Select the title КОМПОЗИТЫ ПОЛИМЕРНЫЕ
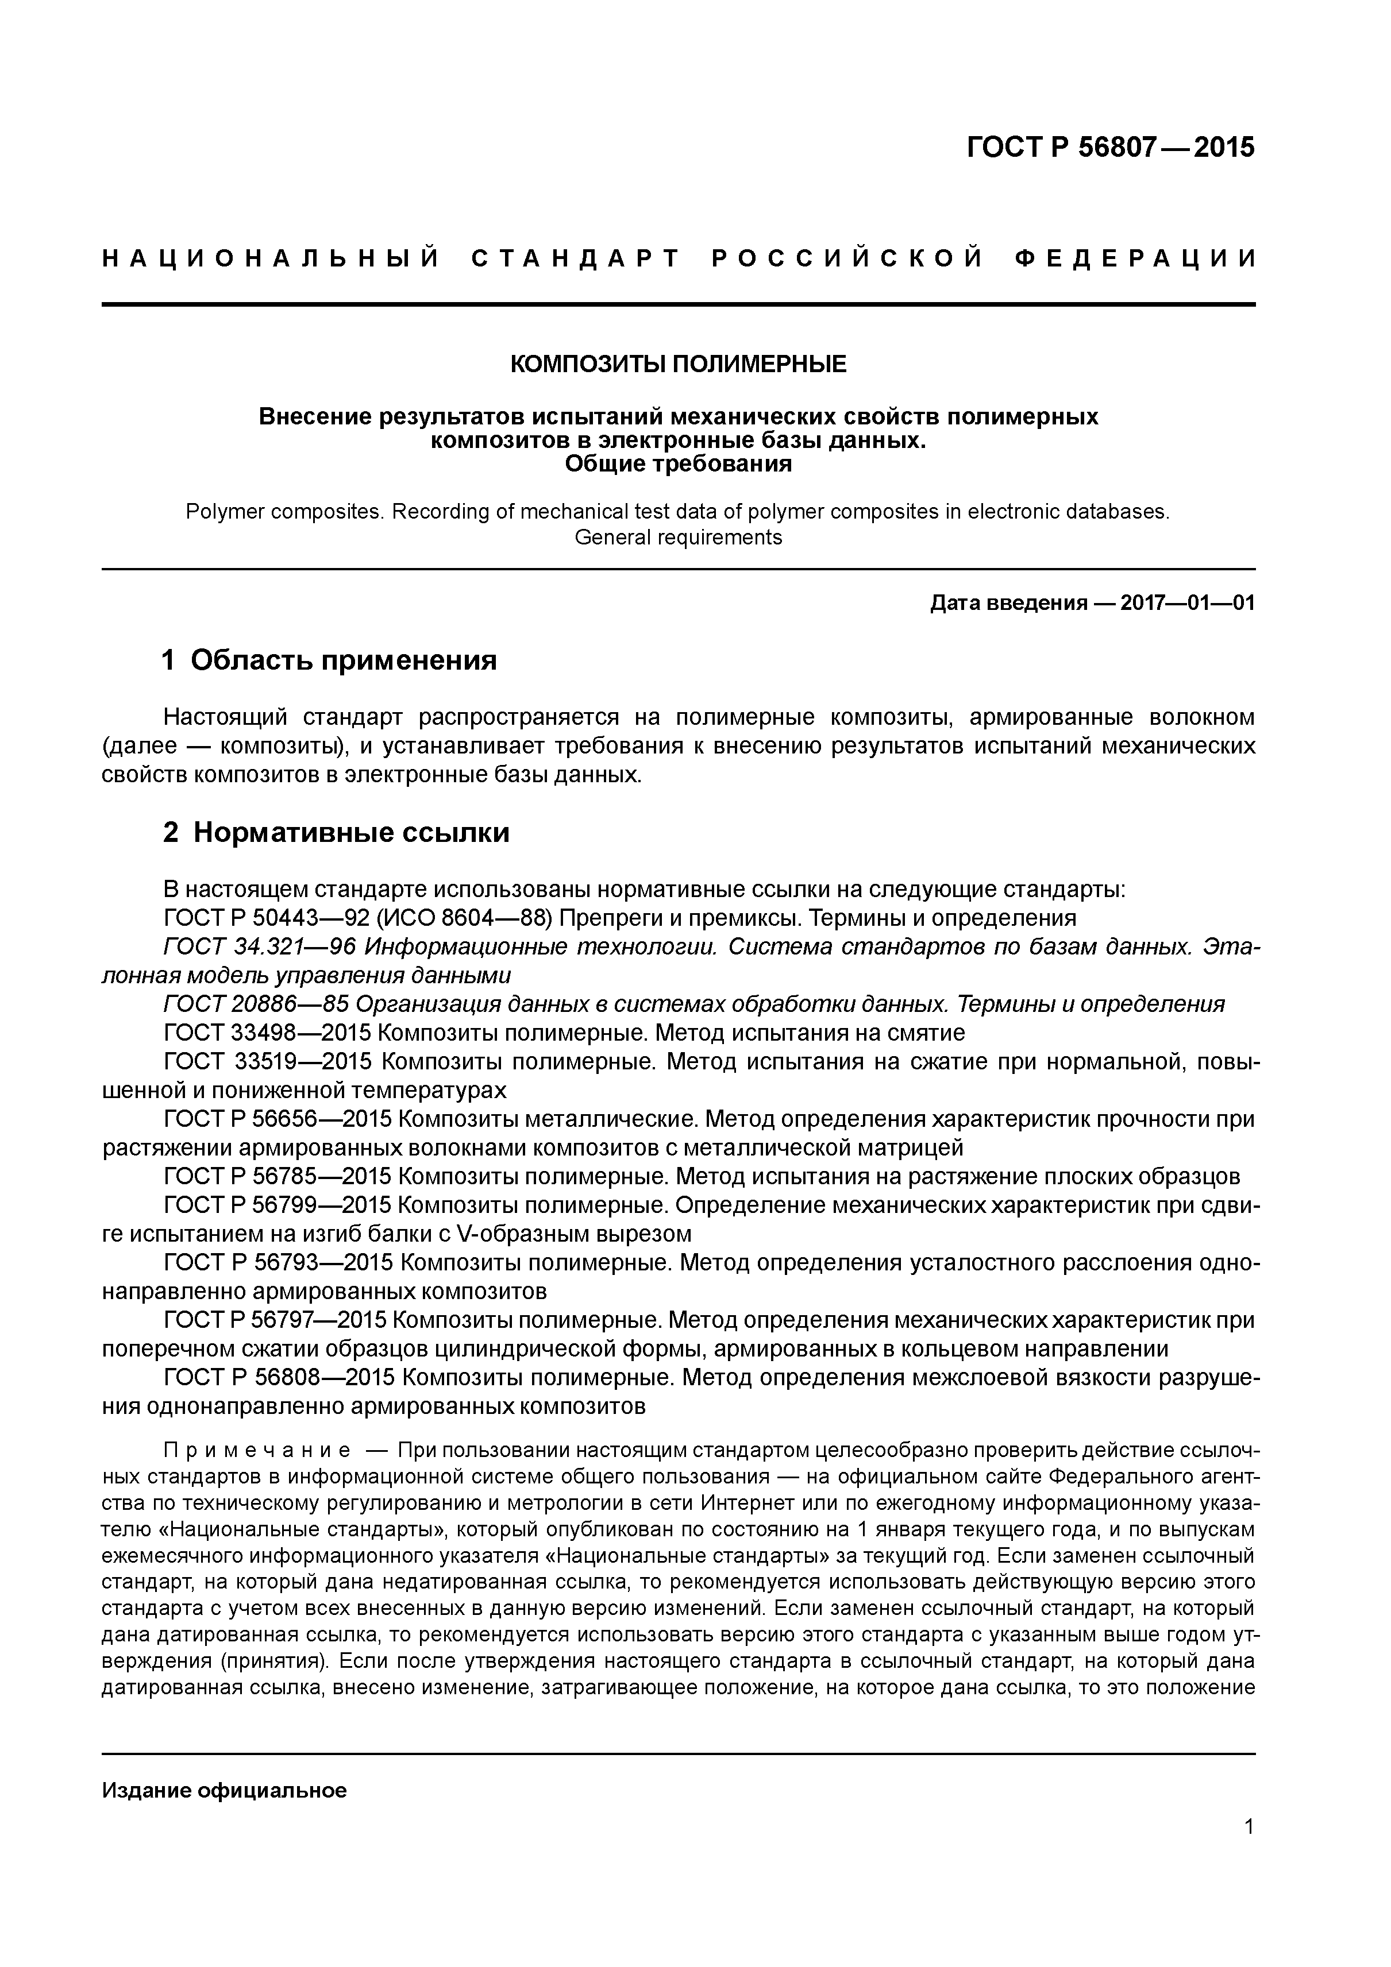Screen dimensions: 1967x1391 pos(678,364)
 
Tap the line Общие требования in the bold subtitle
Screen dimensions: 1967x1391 pos(678,465)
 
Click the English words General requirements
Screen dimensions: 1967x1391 pos(678,537)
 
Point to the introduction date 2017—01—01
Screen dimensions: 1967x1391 pos(1187,602)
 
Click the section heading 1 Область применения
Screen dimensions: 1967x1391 pos(329,660)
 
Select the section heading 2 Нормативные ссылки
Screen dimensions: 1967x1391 pos(336,832)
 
